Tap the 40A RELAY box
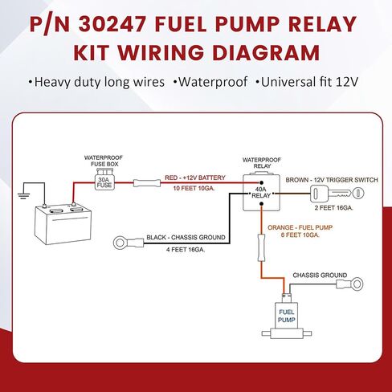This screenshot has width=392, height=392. click(261, 192)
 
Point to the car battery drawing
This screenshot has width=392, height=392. click(63, 224)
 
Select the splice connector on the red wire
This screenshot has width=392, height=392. click(147, 183)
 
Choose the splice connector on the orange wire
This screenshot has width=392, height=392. click(261, 247)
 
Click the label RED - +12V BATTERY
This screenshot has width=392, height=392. click(195, 178)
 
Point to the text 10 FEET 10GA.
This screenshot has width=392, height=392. click(194, 188)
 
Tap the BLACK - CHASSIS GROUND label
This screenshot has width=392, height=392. click(186, 238)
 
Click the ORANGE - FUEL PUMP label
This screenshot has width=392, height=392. click(300, 227)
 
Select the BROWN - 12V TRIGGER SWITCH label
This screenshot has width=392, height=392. click(332, 180)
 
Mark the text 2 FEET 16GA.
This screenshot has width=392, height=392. click(333, 208)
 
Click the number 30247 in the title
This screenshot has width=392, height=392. click(112, 24)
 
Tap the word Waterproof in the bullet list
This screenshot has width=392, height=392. click(213, 82)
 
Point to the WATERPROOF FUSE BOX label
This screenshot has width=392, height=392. click(104, 161)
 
